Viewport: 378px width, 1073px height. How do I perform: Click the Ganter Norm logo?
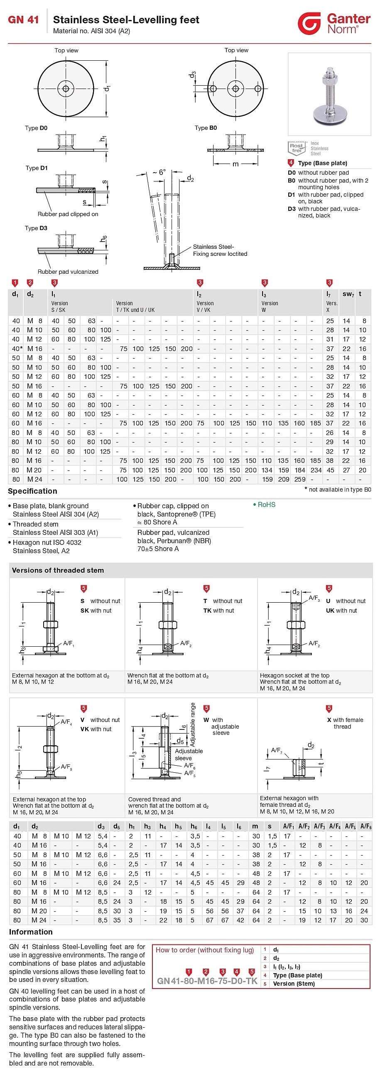[334, 23]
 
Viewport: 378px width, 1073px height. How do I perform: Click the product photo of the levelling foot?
[329, 94]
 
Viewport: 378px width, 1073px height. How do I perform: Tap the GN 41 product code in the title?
[23, 20]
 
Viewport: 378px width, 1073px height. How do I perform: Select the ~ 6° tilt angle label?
[158, 172]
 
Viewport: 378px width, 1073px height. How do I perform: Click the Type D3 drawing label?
[36, 228]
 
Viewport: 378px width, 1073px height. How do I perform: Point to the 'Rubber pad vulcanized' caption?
[68, 272]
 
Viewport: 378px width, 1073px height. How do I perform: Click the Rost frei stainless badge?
[297, 148]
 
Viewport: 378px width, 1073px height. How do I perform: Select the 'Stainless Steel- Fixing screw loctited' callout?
[220, 250]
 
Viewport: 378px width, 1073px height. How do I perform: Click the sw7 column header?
[348, 294]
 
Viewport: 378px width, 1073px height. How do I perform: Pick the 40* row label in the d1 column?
[17, 349]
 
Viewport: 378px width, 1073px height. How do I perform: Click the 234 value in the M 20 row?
[316, 470]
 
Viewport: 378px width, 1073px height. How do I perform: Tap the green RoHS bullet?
[265, 504]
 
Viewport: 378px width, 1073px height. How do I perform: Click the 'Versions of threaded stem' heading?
[58, 570]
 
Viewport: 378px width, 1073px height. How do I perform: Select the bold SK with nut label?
[96, 611]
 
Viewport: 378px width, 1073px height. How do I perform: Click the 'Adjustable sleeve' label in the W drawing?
[188, 754]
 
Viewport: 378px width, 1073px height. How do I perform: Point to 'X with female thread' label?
[344, 723]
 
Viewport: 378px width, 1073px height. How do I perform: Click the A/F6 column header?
[366, 826]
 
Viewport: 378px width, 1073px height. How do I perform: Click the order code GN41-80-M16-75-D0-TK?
[207, 981]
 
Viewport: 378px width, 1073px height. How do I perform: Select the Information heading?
[31, 932]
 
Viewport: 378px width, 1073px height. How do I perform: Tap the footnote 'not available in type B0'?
[338, 490]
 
